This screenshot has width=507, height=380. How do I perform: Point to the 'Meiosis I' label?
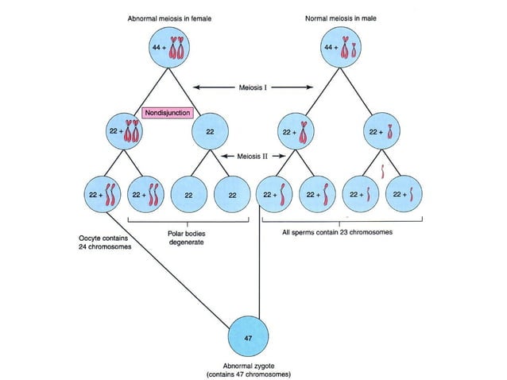pyautogui.click(x=254, y=87)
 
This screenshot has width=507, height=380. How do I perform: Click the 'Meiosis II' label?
pyautogui.click(x=253, y=156)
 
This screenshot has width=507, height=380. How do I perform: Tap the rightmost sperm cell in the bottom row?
pyautogui.click(x=402, y=194)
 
